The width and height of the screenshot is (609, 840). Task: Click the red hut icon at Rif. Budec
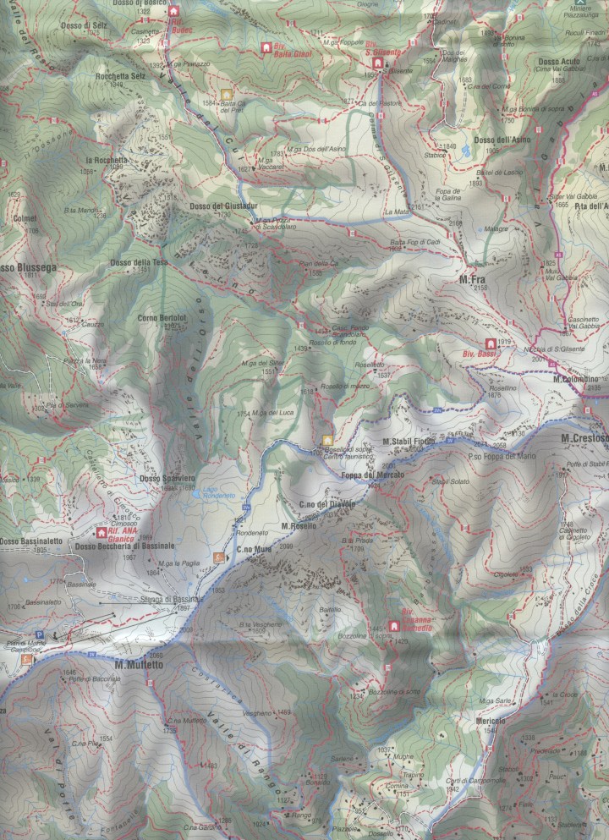175,11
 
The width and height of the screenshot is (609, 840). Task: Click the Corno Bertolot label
161,318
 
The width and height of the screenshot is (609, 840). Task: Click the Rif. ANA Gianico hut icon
102,533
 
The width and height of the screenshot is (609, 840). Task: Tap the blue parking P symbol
37,635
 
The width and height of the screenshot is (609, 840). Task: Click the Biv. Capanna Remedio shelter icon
393,626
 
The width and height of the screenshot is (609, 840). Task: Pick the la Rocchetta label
106,158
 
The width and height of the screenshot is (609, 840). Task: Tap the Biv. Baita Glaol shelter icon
266,48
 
